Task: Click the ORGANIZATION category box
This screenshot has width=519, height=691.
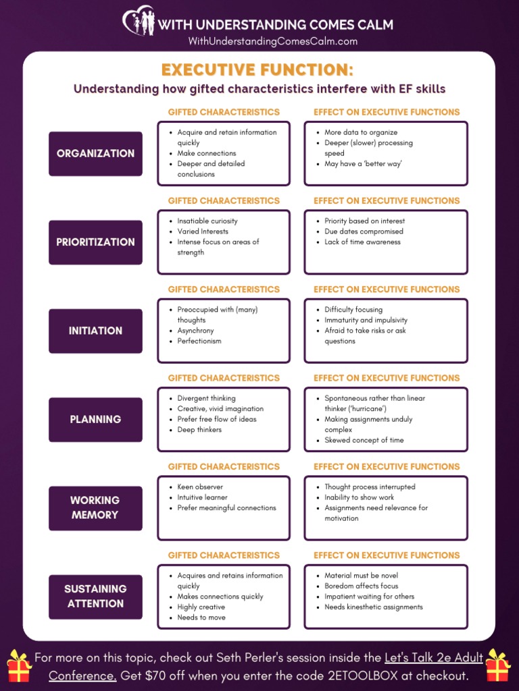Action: pos(95,154)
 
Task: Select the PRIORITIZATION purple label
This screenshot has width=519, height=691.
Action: pos(95,242)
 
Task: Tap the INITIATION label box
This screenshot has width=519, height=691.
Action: pos(95,331)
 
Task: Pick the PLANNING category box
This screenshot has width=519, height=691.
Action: pos(95,419)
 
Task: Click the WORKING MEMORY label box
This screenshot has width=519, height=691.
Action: pos(95,507)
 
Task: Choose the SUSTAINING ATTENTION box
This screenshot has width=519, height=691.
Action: pos(95,597)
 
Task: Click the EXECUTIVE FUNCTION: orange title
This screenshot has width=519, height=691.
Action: pos(257,70)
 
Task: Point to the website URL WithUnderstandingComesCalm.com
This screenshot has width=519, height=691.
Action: pos(272,42)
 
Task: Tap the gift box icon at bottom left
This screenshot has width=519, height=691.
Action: pos(20,666)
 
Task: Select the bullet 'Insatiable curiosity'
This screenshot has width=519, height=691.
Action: pos(207,221)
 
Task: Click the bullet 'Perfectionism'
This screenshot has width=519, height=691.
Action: pos(199,341)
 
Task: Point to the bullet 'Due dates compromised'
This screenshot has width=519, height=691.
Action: pos(364,231)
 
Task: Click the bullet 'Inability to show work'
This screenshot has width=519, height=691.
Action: pos(359,497)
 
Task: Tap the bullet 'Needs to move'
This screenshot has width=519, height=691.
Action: pos(201,617)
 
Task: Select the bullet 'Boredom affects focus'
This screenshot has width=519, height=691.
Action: pos(361,586)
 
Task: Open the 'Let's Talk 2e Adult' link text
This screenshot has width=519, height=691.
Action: pos(434,657)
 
